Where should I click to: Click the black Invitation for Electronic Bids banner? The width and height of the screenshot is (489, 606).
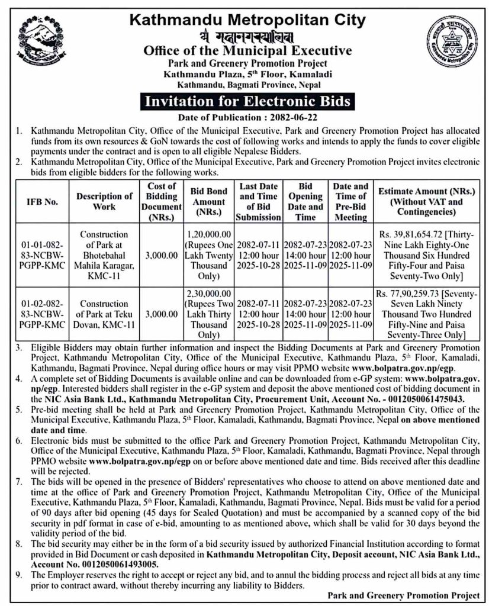pos(244,101)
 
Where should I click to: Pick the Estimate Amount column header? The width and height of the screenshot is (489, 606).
pos(422,201)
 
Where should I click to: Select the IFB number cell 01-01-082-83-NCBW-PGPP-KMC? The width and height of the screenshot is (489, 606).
pos(41,255)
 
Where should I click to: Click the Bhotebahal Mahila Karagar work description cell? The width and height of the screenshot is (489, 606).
pos(104,255)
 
